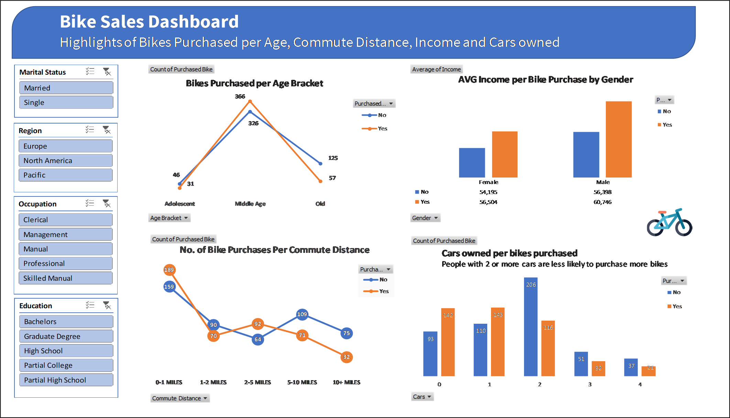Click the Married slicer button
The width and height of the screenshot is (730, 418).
click(66, 88)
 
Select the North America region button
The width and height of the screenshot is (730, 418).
click(65, 161)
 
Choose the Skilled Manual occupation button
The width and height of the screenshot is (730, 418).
click(65, 278)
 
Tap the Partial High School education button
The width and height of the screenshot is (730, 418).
click(66, 380)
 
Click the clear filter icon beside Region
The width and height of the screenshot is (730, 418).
click(107, 130)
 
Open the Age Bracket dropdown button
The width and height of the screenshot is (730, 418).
click(169, 218)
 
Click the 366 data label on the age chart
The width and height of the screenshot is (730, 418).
click(240, 97)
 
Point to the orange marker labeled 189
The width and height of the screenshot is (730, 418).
click(169, 270)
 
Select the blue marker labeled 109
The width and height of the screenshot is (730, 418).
click(302, 314)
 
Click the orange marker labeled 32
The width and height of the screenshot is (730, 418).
click(346, 357)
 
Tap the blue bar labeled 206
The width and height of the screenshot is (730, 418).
click(531, 327)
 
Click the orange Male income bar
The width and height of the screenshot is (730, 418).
click(618, 139)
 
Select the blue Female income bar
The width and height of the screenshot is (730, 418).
click(472, 163)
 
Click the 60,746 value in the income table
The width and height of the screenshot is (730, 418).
click(602, 202)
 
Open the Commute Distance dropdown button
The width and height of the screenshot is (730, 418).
click(180, 398)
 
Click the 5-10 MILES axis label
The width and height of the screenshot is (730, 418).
click(302, 383)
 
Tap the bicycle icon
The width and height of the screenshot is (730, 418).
click(669, 223)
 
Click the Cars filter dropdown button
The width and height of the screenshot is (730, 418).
click(422, 397)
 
